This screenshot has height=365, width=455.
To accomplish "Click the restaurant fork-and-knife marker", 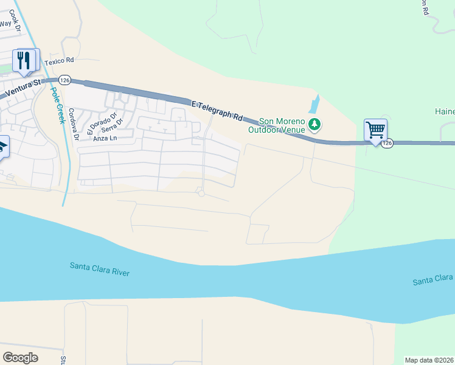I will click(25, 60).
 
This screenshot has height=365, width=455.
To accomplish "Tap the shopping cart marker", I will click(375, 130).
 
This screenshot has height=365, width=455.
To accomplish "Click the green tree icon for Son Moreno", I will click(314, 125).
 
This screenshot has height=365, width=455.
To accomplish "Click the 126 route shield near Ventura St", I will click(65, 80).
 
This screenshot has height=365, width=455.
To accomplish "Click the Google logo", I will click(20, 357).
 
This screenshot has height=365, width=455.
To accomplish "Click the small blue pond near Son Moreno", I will click(314, 105).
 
